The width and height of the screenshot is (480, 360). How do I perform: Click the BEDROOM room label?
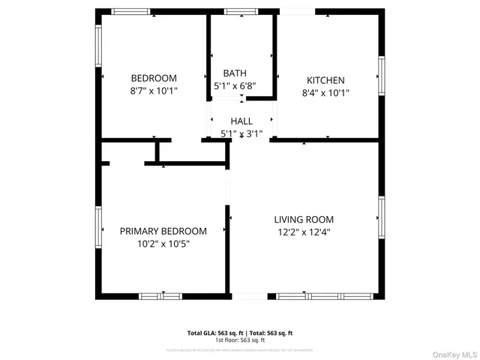tap(154, 78)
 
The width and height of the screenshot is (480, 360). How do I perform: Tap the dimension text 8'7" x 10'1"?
tap(154, 91)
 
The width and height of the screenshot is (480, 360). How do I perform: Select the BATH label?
tap(235, 73)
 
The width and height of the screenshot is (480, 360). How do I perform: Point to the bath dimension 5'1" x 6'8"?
tap(235, 86)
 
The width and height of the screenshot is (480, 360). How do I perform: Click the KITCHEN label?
tap(325, 80)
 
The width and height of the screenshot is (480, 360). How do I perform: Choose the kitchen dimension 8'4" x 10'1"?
tap(325, 94)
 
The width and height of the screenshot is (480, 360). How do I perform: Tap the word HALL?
tap(241, 121)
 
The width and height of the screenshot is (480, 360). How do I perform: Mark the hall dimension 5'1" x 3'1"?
tap(241, 134)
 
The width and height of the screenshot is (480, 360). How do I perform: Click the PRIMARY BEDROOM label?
tap(163, 231)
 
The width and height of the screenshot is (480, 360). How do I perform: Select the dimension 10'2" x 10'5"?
tap(163, 244)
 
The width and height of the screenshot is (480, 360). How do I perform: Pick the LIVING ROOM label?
tap(304, 220)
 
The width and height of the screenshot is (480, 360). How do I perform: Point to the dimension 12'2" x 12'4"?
tap(304, 232)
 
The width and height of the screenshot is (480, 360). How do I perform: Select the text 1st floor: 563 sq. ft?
tap(240, 340)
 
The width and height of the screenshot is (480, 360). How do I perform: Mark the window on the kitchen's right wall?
tap(382, 76)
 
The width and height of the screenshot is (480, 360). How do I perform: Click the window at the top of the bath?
tap(240, 11)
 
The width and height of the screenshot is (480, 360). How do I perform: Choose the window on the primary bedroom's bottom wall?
tap(160, 296)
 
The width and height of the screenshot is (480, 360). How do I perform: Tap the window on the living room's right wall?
tap(382, 218)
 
